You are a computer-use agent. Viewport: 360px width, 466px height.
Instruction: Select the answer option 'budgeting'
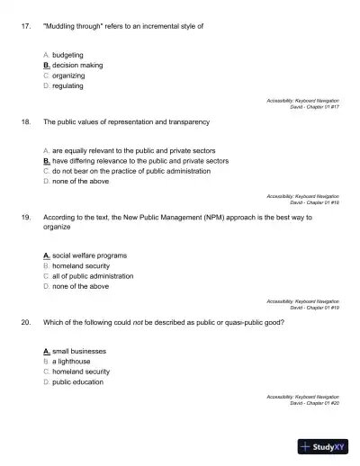point(67,55)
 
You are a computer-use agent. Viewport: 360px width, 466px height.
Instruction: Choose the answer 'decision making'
point(77,66)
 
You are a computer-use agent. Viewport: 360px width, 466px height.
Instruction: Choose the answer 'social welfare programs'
point(89,255)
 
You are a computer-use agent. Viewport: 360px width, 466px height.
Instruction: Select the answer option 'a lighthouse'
point(76,361)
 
